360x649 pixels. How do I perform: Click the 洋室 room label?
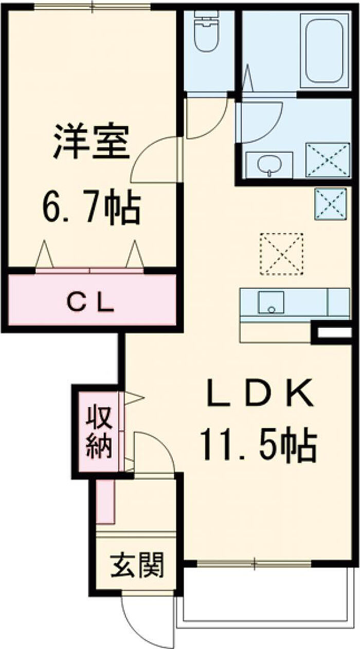91,142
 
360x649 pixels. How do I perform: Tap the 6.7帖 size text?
91,207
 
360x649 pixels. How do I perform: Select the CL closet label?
90,303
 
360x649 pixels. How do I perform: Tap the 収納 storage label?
99,432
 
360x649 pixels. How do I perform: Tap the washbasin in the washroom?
269,165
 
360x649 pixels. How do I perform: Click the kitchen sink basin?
271,302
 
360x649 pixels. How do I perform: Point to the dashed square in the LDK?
281,254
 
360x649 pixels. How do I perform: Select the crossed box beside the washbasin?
328,160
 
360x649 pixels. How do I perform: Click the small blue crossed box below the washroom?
331,204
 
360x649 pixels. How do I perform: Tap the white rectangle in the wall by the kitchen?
334,332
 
